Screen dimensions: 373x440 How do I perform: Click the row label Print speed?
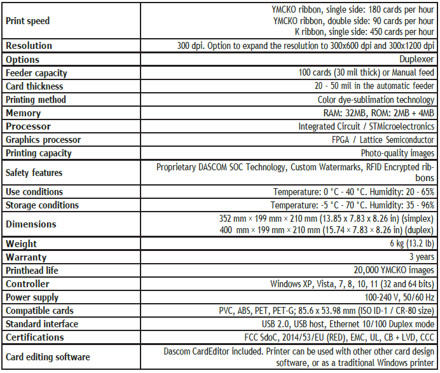(x=27, y=21)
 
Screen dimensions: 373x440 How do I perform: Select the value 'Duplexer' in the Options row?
(x=417, y=59)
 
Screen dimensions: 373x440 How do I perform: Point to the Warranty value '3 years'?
(x=422, y=257)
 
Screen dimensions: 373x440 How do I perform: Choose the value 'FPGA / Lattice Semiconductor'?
(x=383, y=140)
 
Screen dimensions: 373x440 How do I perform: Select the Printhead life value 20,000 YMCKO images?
(x=394, y=271)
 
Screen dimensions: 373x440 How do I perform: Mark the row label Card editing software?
(x=48, y=356)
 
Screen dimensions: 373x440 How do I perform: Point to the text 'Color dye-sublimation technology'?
(x=376, y=100)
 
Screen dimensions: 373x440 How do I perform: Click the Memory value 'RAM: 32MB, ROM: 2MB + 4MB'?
(x=380, y=113)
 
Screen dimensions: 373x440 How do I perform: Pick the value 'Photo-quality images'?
(x=398, y=153)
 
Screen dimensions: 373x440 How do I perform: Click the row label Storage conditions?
(x=42, y=205)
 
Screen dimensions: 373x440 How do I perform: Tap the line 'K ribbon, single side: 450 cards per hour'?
(x=365, y=32)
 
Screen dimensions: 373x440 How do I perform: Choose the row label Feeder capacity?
(x=36, y=73)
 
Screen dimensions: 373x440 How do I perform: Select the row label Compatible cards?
(x=39, y=311)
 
